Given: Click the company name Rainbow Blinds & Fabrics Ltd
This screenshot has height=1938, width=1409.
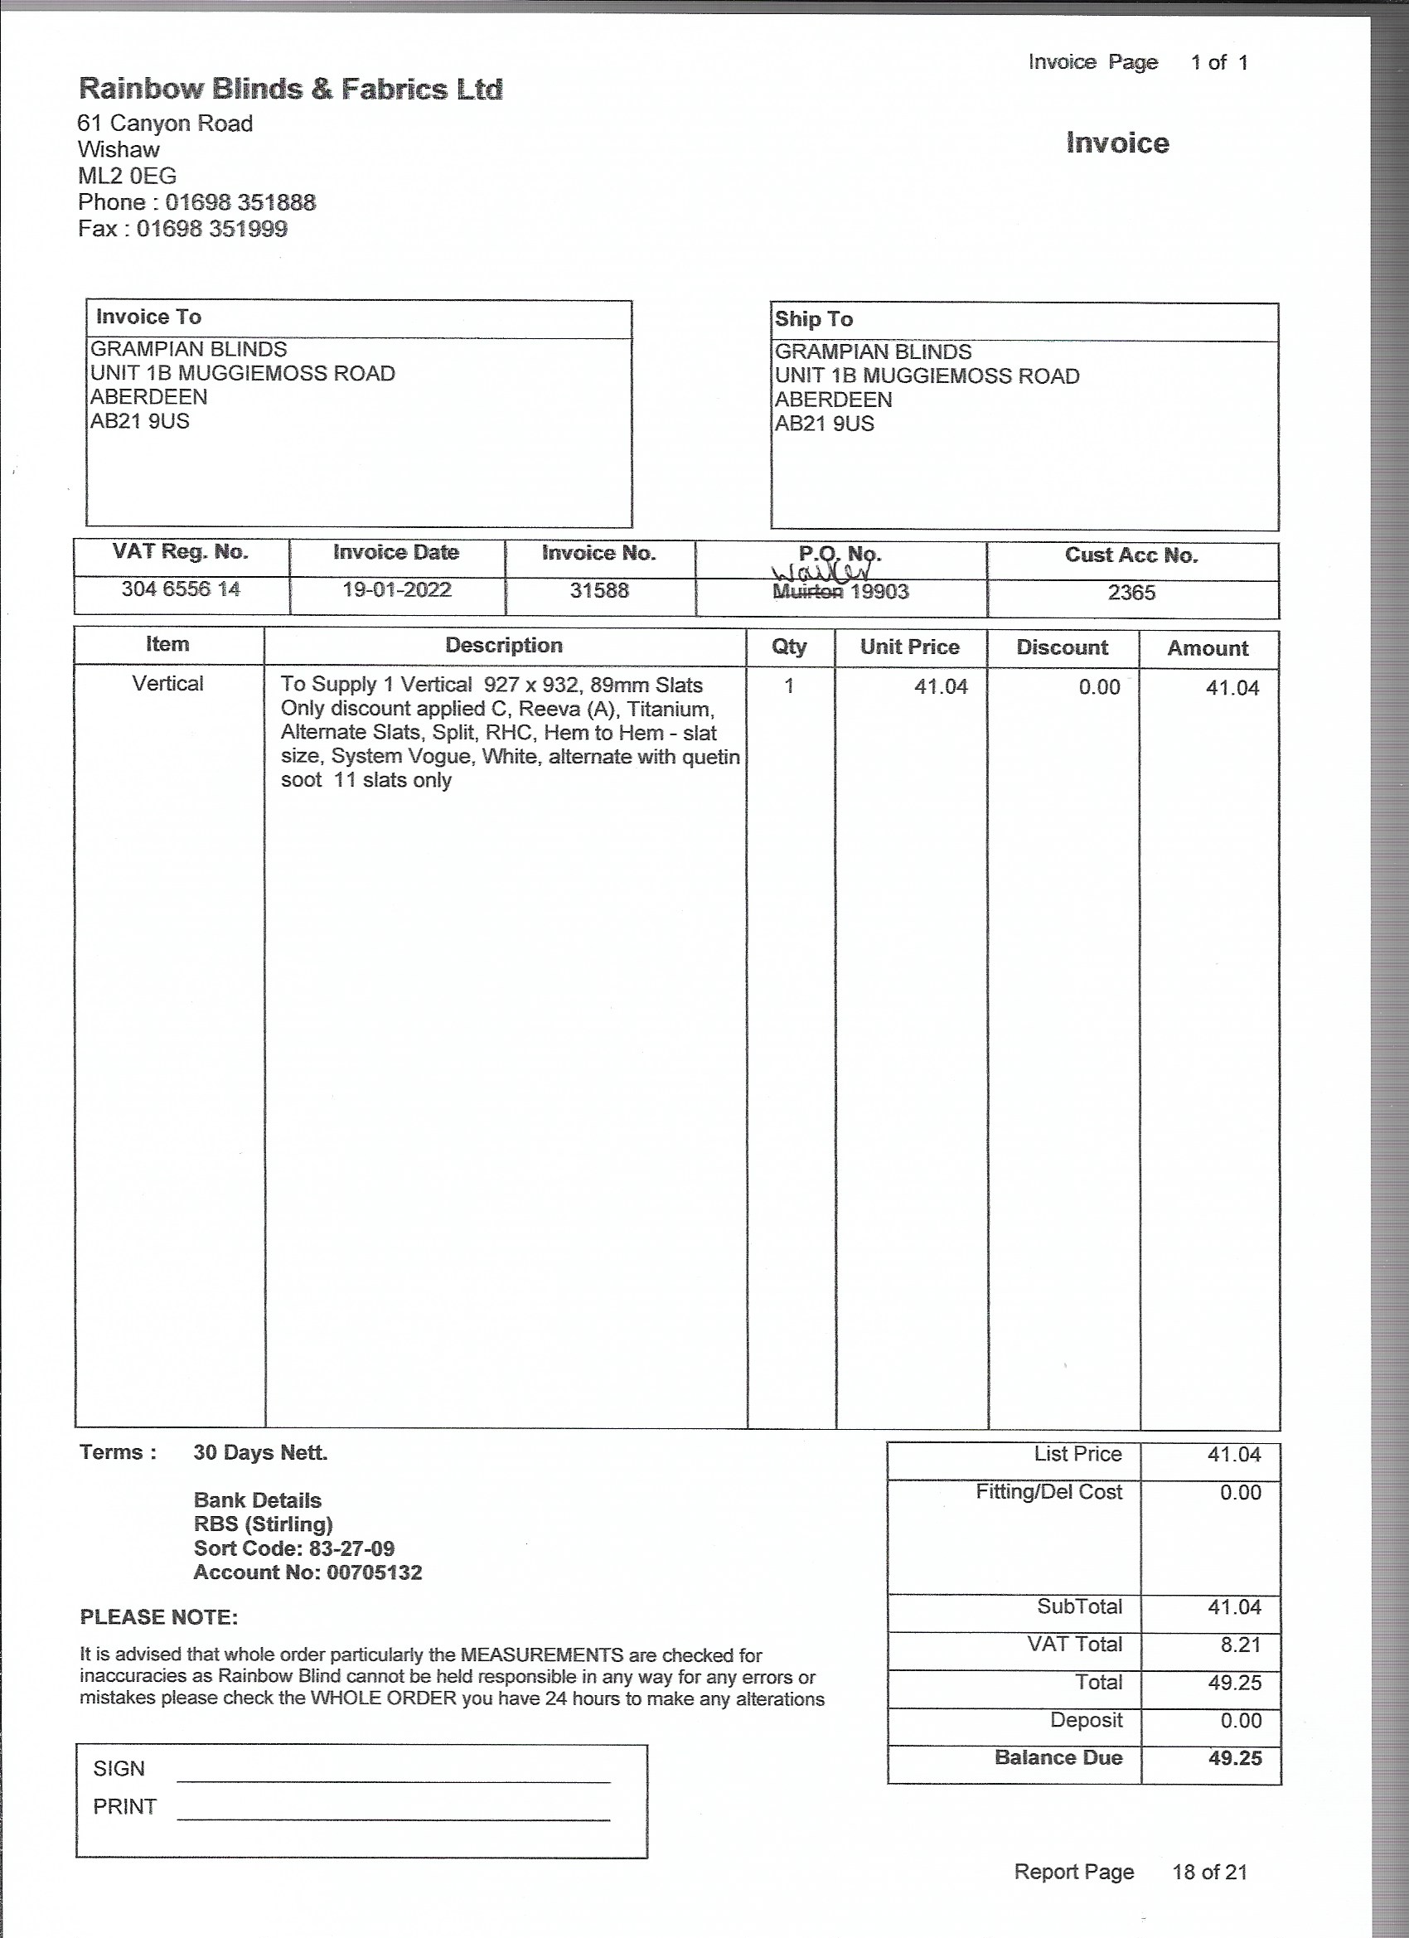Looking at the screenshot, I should tap(291, 90).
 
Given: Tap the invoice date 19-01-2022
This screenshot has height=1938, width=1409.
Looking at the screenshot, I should tap(396, 589).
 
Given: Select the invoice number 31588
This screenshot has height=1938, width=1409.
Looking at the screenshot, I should tap(599, 590).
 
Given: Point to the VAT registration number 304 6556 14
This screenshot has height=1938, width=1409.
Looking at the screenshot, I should tap(181, 589).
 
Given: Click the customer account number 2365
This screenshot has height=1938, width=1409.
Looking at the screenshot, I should tap(1131, 592).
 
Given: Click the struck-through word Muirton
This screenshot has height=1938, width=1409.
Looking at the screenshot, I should tap(807, 591).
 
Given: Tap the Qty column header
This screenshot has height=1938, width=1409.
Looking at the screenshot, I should tap(789, 646).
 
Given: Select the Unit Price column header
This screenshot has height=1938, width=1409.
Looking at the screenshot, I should tap(909, 647).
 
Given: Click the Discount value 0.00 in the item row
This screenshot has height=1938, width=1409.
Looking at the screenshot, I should tap(1099, 687).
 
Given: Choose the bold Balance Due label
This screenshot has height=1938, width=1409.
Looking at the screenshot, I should tap(1058, 1757).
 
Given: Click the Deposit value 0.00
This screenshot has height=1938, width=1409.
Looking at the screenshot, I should tap(1241, 1720).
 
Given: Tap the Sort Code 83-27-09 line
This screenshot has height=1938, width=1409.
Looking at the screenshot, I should tap(294, 1548).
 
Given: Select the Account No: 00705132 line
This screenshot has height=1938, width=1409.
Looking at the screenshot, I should tap(307, 1572).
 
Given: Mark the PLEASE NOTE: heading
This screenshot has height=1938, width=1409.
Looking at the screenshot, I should tap(159, 1616).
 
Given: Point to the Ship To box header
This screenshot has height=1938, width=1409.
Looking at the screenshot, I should tap(813, 320).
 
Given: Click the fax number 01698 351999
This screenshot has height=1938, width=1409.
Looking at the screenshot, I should tap(212, 229).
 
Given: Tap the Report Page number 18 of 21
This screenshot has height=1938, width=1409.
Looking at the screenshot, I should tap(1209, 1872).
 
